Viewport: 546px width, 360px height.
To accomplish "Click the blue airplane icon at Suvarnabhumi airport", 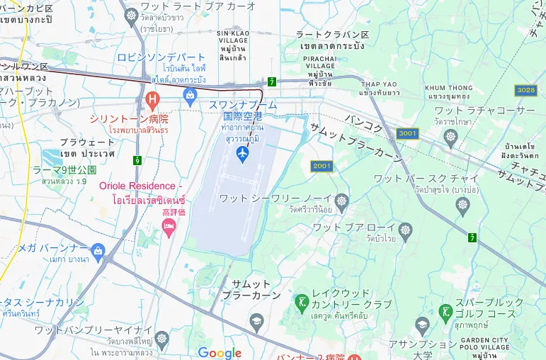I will (242, 153).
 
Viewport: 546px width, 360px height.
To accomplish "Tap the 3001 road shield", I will (408, 133).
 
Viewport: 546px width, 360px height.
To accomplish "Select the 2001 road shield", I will (321, 166).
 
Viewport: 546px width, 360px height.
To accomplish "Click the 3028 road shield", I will (525, 90).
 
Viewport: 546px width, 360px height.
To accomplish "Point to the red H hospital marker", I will (150, 98).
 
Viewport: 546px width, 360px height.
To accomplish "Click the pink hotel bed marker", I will (169, 227).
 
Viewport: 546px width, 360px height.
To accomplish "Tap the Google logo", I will (220, 353).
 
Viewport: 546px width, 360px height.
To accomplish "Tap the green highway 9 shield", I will (137, 162).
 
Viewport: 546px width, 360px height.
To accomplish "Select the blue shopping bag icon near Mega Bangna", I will (98, 249).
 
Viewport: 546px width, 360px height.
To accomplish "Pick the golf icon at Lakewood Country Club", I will (301, 300).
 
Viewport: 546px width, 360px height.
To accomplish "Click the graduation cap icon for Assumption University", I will (422, 325).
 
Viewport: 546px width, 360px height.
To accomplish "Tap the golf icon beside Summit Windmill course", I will (446, 311).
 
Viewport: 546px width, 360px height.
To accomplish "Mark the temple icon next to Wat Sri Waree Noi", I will (341, 199).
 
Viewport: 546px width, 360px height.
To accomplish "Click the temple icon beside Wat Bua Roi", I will (405, 230).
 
